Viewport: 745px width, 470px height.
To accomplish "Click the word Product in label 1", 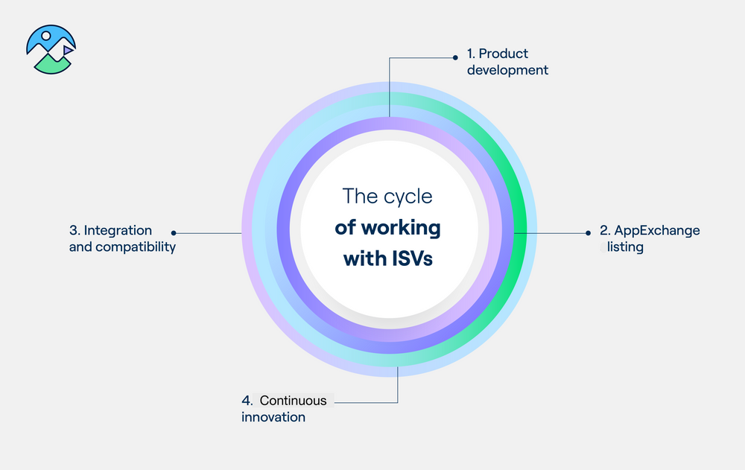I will pyautogui.click(x=503, y=54).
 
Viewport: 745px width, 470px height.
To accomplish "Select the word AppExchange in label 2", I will pyautogui.click(x=657, y=230).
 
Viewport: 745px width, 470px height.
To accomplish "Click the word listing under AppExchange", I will pyautogui.click(x=625, y=247).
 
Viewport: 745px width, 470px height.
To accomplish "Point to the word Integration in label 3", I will pyautogui.click(x=117, y=230).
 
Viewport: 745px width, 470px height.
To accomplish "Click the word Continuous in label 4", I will pyautogui.click(x=293, y=401).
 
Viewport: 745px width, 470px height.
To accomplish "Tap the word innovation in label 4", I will pyautogui.click(x=273, y=417).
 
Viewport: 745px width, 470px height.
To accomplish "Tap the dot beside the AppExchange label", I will pyautogui.click(x=589, y=232).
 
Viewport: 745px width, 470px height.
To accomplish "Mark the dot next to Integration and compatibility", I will pyautogui.click(x=174, y=232).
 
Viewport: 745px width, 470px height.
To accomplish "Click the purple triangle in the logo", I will pyautogui.click(x=67, y=50).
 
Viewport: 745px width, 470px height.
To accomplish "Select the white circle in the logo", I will pyautogui.click(x=46, y=35).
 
